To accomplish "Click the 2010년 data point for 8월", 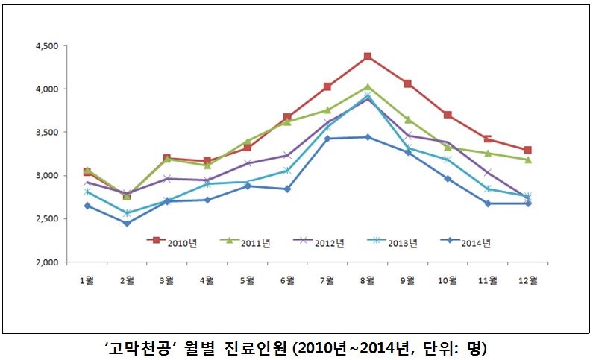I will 368,57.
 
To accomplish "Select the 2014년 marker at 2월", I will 127,223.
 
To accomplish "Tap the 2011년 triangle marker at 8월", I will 368,86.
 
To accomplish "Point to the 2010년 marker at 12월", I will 527,151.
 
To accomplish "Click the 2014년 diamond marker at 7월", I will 327,139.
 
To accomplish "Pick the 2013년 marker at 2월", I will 127,213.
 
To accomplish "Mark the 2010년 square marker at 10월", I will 448,115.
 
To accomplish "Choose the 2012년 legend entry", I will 320,241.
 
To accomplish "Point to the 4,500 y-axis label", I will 47,46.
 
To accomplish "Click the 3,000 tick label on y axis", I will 47,176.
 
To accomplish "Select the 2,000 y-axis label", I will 47,262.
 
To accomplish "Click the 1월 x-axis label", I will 87,280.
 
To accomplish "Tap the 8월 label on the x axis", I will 367,280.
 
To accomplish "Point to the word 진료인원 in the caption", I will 255,347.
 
